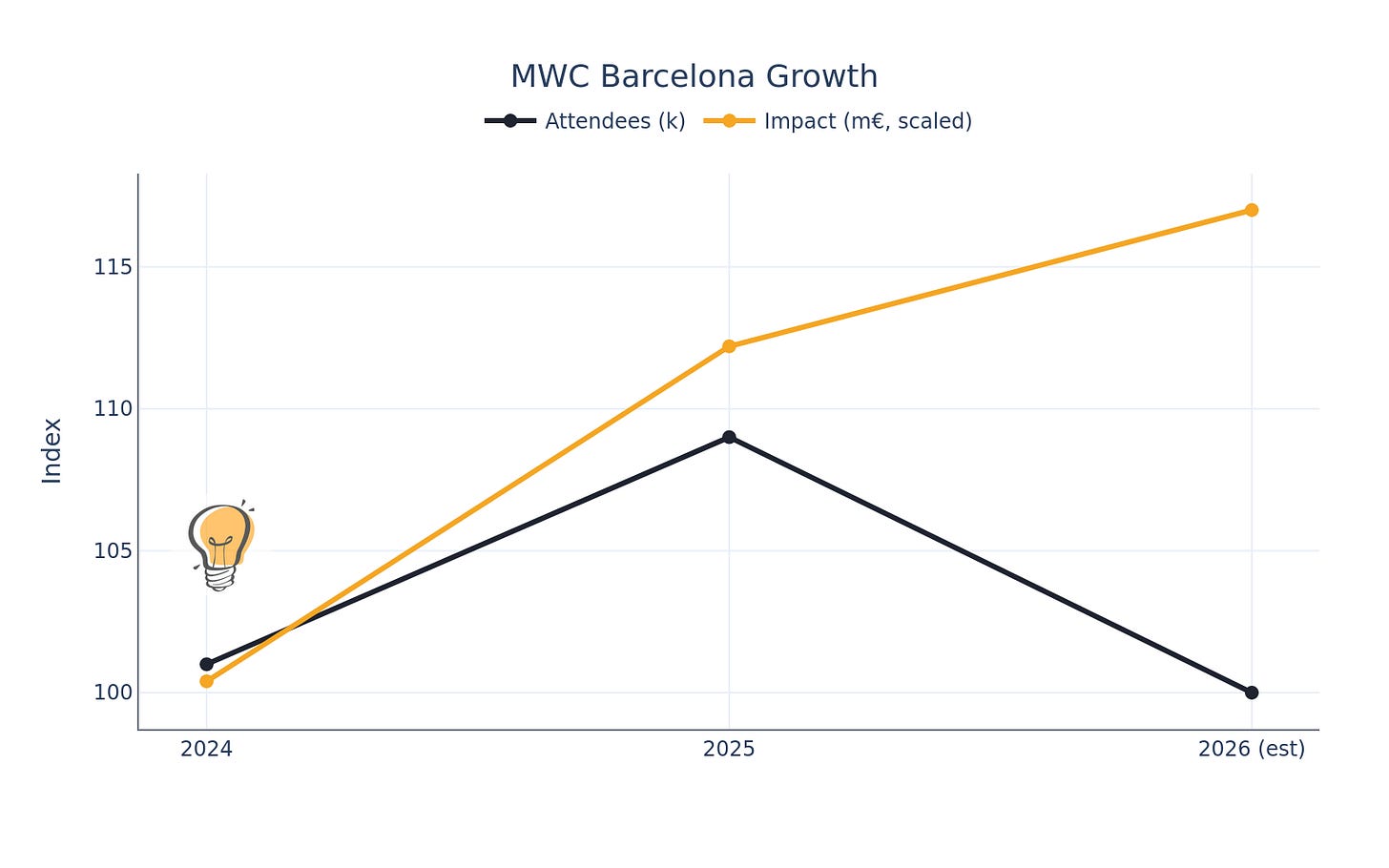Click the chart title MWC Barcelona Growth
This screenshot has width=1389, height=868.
(694, 76)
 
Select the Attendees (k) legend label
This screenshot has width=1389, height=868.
(614, 121)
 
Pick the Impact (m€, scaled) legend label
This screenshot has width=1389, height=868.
(867, 121)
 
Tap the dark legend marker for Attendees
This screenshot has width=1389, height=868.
(510, 121)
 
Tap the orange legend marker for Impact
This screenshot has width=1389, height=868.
(729, 121)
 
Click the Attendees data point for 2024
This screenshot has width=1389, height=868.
(207, 664)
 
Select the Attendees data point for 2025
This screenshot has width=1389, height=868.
(729, 437)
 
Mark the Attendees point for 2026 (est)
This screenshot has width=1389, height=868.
(1252, 692)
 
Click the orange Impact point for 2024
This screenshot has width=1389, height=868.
(207, 681)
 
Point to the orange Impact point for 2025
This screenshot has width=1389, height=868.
(729, 346)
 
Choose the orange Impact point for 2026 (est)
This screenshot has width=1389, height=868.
(1252, 210)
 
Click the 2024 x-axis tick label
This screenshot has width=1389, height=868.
(207, 750)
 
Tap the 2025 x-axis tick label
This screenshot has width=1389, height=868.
(729, 750)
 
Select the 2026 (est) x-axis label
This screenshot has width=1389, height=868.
(1252, 750)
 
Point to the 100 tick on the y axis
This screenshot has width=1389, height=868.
(113, 692)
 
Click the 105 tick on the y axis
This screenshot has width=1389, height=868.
(113, 550)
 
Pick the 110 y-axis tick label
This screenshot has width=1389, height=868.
(113, 408)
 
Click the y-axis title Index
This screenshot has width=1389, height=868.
(52, 450)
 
